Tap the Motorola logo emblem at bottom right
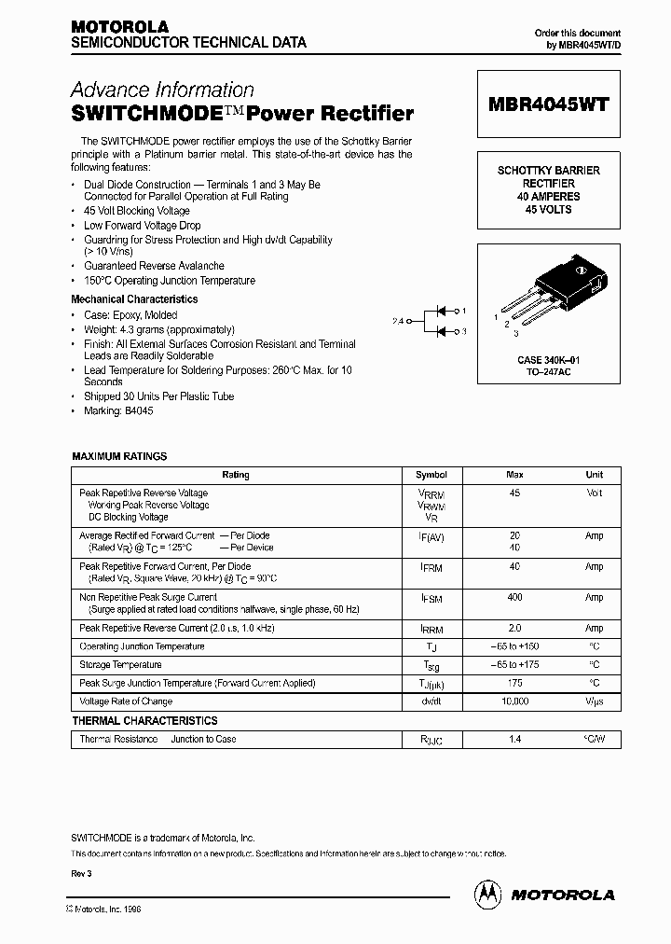(486, 893)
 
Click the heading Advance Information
(162, 90)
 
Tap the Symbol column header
(431, 475)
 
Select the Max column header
(514, 475)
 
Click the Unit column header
(594, 475)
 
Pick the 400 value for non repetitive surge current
(514, 597)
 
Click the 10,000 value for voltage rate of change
(514, 701)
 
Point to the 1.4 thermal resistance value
(514, 739)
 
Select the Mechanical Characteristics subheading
(134, 299)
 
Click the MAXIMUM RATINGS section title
(119, 456)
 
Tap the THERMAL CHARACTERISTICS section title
(144, 721)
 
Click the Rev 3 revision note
(82, 873)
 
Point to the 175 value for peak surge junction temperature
(514, 683)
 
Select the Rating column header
(236, 475)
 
